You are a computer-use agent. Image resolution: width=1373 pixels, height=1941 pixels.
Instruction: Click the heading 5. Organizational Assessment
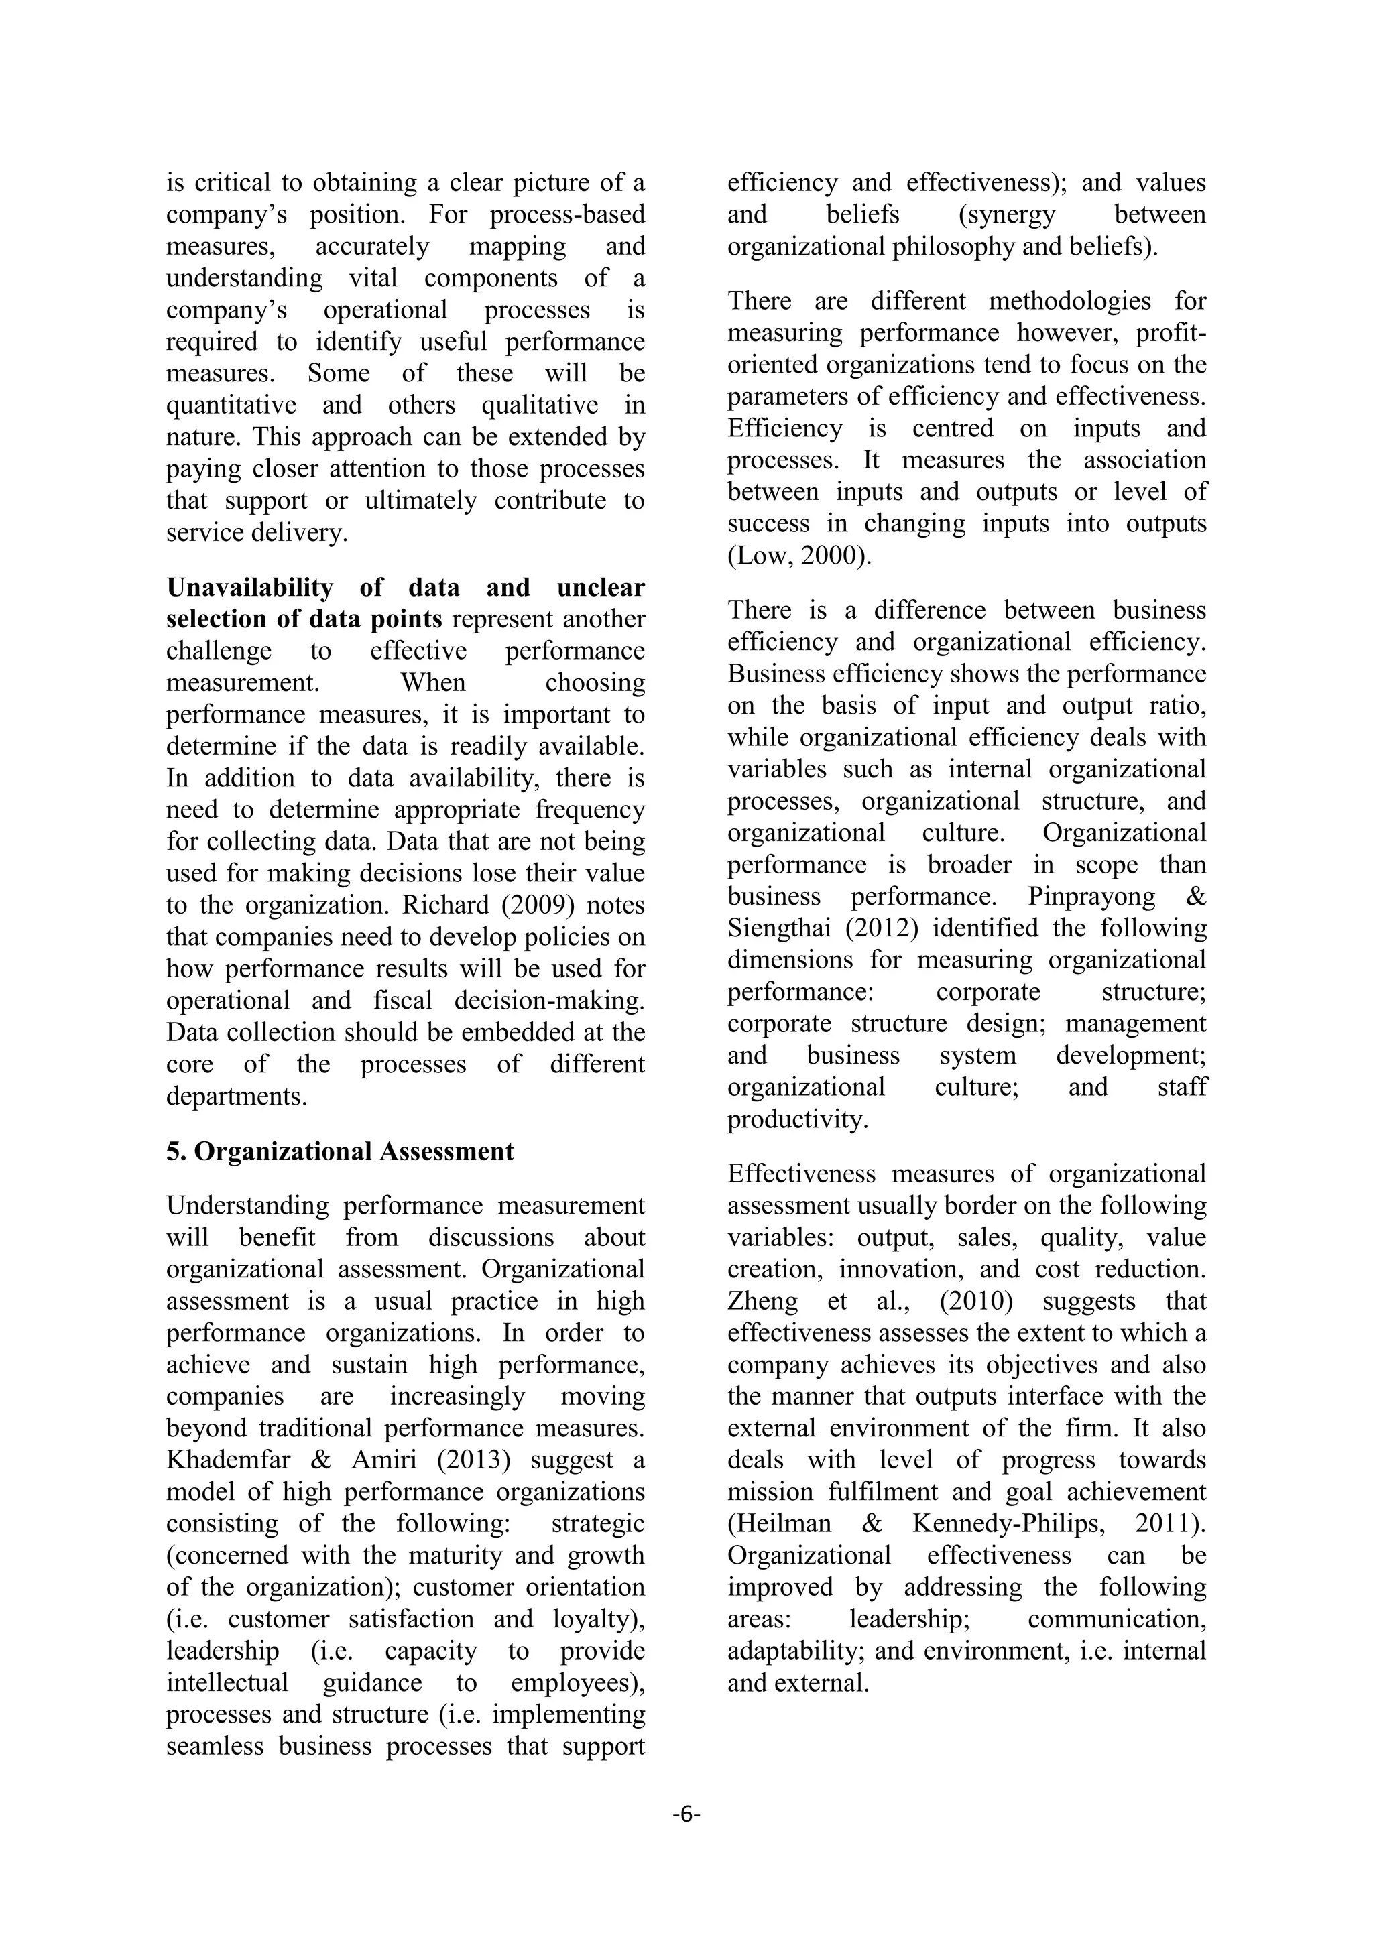tap(340, 1151)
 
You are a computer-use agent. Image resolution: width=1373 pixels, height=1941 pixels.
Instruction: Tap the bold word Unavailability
tap(249, 588)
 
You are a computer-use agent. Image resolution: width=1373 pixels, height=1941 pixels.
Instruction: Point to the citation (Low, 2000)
tap(799, 556)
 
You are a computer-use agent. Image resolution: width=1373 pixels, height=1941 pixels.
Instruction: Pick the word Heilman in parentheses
tap(780, 1523)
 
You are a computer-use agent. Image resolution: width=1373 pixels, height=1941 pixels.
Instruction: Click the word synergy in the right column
tap(1007, 214)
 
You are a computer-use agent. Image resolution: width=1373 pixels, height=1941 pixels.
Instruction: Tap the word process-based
tap(567, 214)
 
